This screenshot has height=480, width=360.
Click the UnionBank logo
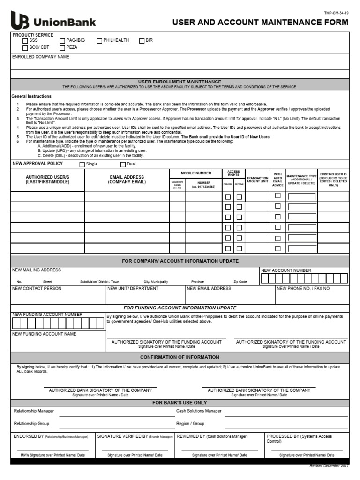53,22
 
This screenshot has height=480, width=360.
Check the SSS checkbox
25,41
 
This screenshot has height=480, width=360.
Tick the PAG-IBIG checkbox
62,41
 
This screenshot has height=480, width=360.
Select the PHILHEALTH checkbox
99,41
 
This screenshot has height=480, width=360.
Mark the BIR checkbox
142,41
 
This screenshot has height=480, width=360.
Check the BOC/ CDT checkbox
25,47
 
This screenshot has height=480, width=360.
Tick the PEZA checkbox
62,47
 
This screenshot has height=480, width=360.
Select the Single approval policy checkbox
82,165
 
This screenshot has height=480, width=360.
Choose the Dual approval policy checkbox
123,165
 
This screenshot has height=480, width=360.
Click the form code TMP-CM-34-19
337,13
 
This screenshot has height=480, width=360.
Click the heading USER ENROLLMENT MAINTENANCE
180,82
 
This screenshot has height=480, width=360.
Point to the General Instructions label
31,96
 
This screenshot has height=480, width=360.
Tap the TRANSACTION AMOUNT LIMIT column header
257,180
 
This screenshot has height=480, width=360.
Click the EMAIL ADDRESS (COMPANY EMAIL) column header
127,180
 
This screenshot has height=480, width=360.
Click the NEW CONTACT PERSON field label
37,289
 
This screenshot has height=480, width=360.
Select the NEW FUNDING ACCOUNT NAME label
44,334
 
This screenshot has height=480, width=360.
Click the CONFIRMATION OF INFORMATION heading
180,357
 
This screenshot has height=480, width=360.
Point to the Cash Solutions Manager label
199,411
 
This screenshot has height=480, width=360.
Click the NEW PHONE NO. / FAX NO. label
304,289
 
